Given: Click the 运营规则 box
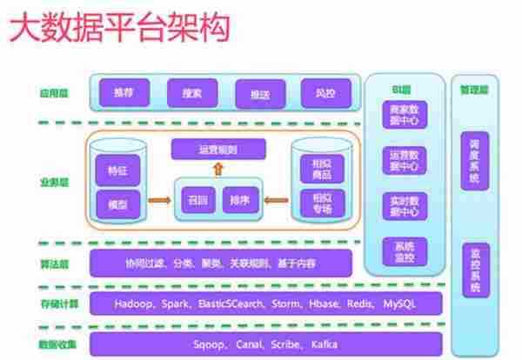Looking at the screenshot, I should point(217,150).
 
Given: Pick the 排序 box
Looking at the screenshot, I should point(238,199).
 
